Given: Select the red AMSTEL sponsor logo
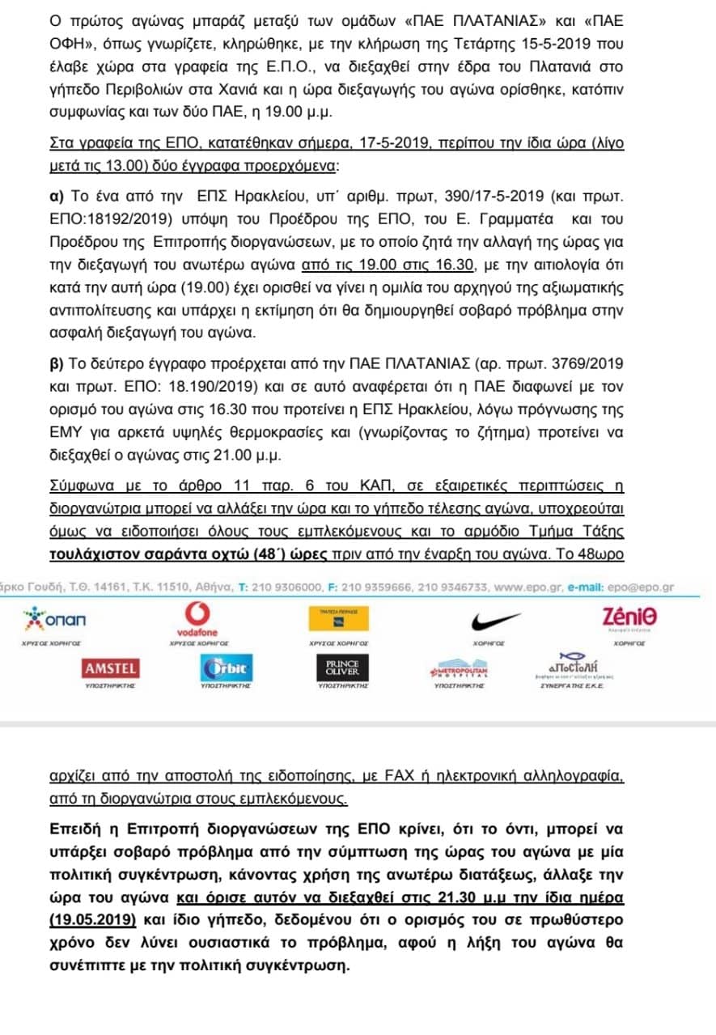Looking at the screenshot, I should pyautogui.click(x=111, y=668).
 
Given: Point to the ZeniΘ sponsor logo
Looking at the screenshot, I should pyautogui.click(x=629, y=617).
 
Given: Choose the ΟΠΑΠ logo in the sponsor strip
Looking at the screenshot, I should pyautogui.click(x=56, y=619).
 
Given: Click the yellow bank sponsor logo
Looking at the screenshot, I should pyautogui.click(x=340, y=619).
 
